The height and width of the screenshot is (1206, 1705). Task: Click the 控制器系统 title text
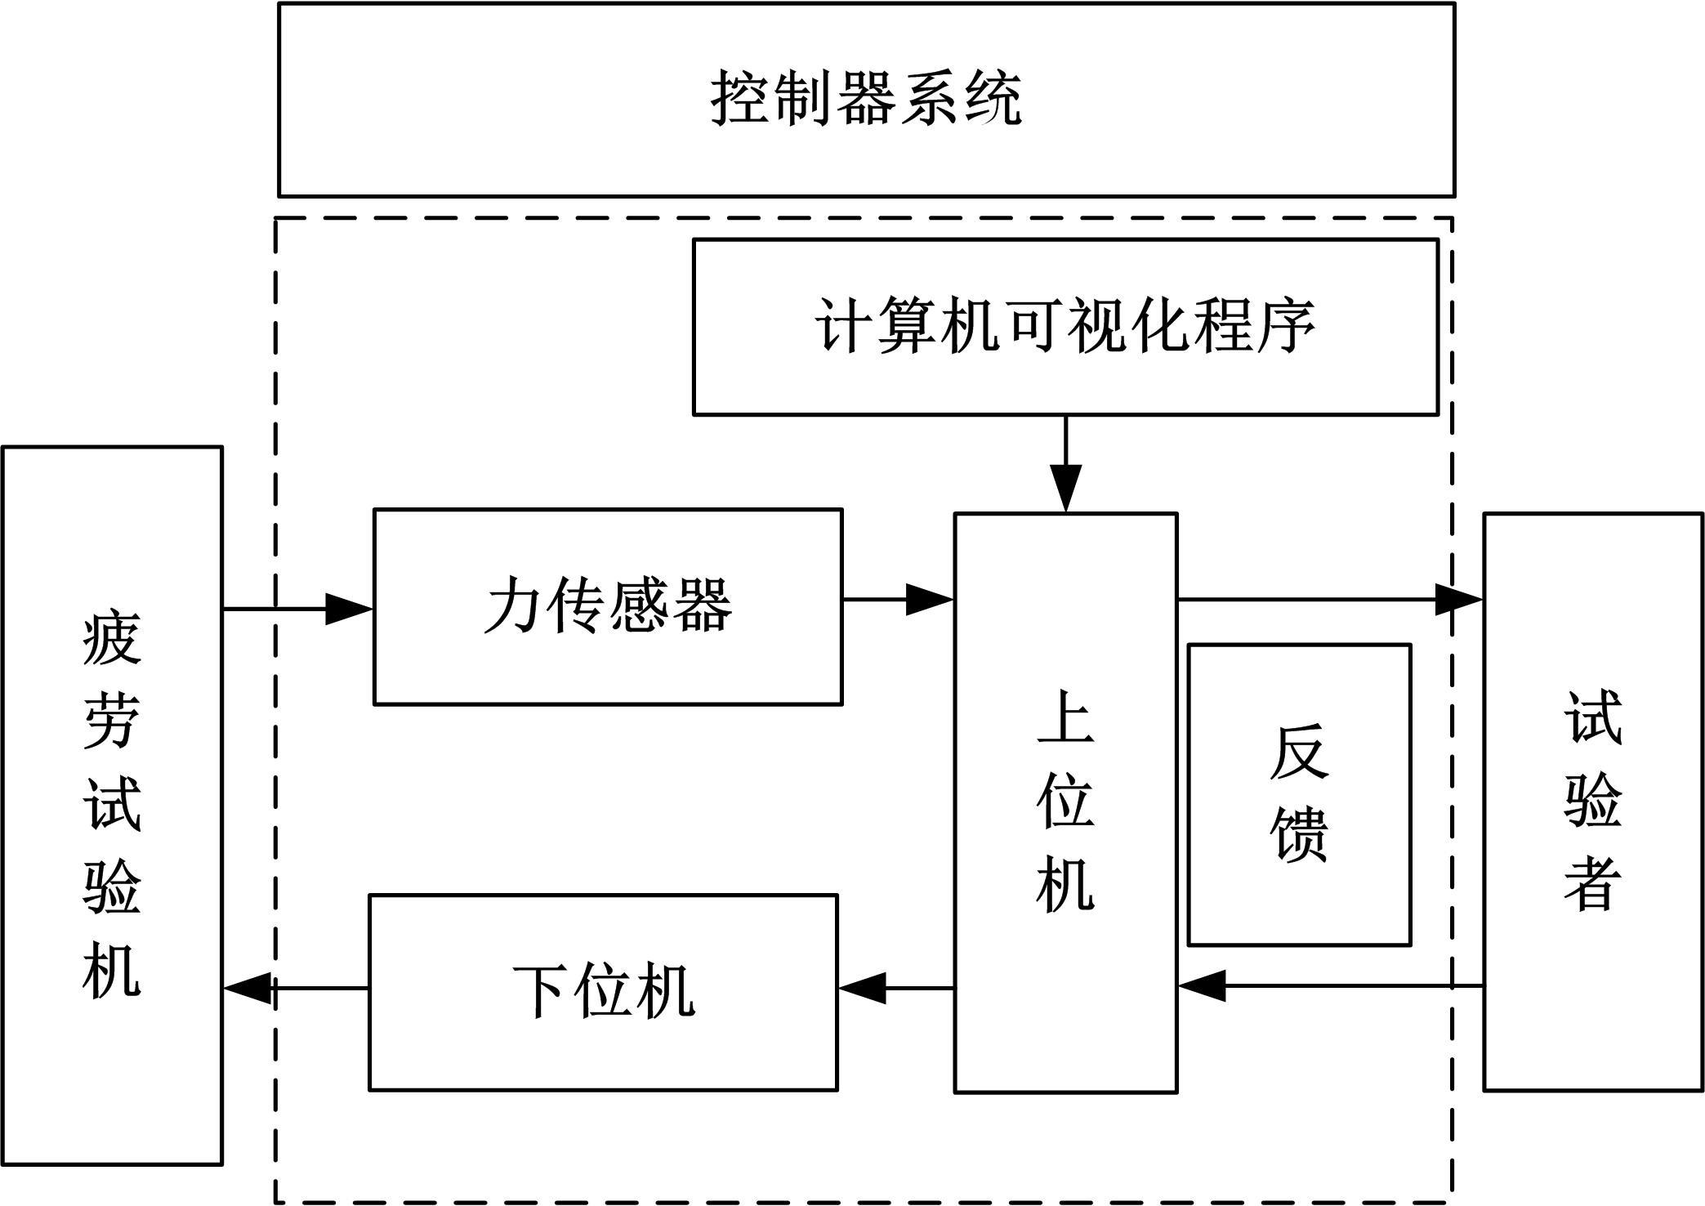866,98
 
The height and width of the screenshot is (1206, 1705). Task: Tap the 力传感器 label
608,605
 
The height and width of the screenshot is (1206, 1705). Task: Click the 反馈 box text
1299,793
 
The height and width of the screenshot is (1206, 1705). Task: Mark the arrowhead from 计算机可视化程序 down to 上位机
1066,489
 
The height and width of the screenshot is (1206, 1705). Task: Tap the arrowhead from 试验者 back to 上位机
1203,985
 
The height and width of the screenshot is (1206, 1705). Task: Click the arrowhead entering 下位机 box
862,987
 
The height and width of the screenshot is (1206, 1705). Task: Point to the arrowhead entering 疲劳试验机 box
248,988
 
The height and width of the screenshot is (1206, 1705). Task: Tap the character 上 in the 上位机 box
1065,717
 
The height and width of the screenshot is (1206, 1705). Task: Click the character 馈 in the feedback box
1299,835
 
